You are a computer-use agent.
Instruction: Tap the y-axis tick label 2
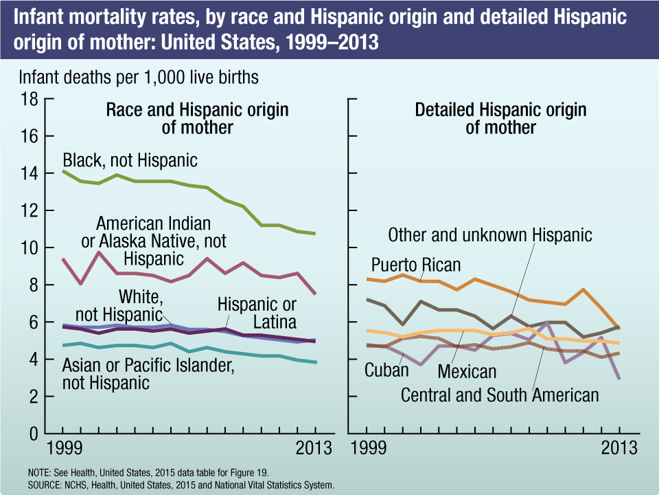pyautogui.click(x=32, y=397)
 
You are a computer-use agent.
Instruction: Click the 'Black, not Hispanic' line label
pyautogui.click(x=130, y=161)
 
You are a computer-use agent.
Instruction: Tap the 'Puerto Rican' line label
pyautogui.click(x=416, y=265)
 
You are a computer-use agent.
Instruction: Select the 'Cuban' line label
pyautogui.click(x=386, y=371)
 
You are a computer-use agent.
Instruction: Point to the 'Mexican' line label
pyautogui.click(x=467, y=372)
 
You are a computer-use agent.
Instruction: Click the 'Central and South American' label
pyautogui.click(x=500, y=395)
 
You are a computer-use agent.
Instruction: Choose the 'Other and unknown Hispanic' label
pyautogui.click(x=489, y=235)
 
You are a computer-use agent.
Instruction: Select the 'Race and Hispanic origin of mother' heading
pyautogui.click(x=197, y=118)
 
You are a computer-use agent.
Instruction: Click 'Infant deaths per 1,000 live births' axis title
pyautogui.click(x=139, y=77)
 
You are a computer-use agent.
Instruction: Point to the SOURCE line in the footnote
pyautogui.click(x=181, y=485)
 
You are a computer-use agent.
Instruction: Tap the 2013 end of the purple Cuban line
pyautogui.click(x=619, y=378)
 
